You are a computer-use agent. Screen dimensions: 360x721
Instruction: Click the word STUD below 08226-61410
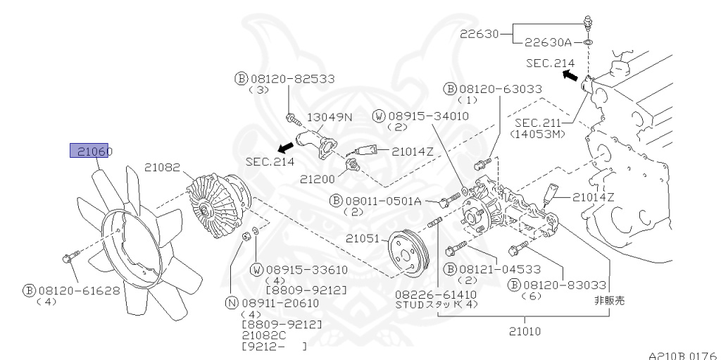(x=411, y=304)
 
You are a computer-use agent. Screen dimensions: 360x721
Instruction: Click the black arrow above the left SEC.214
(x=286, y=147)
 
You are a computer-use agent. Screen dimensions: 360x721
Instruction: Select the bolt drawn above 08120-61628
(x=68, y=259)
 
